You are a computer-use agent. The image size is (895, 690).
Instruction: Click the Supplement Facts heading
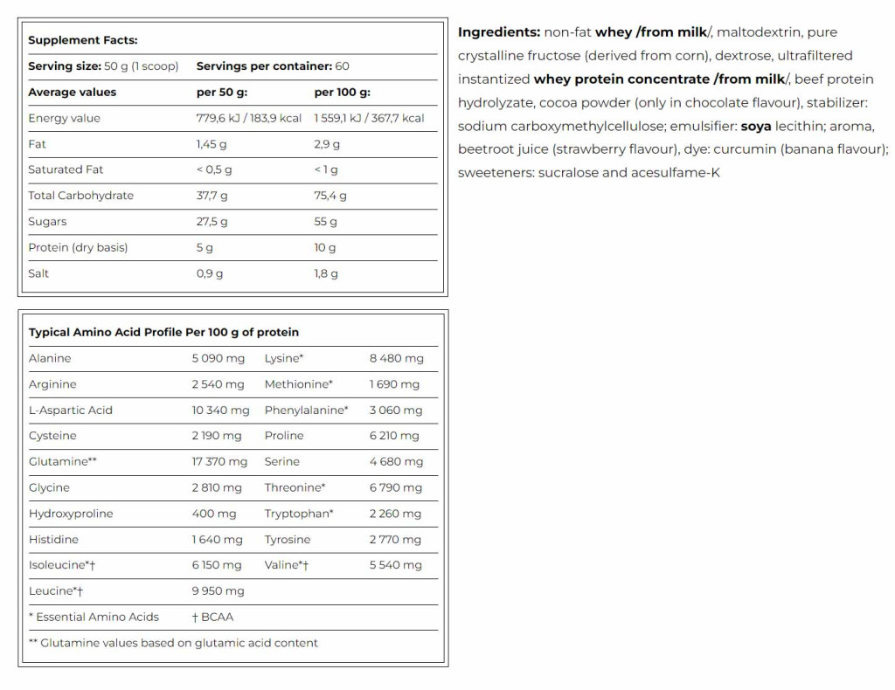(x=83, y=40)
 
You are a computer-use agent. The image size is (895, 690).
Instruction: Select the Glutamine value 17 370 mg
(x=219, y=461)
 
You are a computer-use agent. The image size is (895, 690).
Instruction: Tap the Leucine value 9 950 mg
(x=218, y=591)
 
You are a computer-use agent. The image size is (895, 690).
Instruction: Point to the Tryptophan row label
(x=299, y=514)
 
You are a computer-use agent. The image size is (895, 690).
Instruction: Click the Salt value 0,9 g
(x=209, y=273)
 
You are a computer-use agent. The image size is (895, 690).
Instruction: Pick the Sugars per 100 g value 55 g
(x=325, y=222)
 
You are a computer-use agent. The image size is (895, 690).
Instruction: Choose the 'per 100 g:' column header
(x=342, y=92)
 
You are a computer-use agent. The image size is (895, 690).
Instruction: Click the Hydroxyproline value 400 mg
(x=214, y=514)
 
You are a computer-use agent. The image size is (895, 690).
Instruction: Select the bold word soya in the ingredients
(x=756, y=126)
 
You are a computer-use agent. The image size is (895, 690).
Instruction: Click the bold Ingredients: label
(x=499, y=32)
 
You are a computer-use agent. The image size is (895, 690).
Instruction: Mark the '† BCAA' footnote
(x=212, y=617)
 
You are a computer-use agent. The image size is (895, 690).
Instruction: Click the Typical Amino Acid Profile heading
(x=163, y=332)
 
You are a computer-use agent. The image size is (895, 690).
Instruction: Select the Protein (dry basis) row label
(x=78, y=247)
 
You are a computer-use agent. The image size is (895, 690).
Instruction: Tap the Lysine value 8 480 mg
(x=396, y=358)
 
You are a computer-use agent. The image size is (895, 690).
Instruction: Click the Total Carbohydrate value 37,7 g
(x=212, y=196)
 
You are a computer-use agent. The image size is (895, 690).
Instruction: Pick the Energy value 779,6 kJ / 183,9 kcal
(x=248, y=118)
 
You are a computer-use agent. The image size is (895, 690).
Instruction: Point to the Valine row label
(x=287, y=565)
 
